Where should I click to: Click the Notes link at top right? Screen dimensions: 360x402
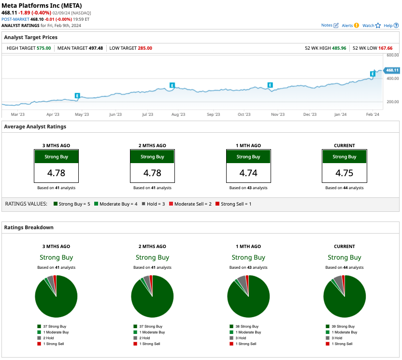pyautogui.click(x=330, y=25)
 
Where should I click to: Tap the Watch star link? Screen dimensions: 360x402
pyautogui.click(x=371, y=25)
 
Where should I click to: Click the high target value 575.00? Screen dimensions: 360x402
pyautogui.click(x=43, y=48)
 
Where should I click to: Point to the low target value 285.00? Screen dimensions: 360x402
pyautogui.click(x=145, y=48)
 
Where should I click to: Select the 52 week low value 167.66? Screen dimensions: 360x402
pyautogui.click(x=386, y=48)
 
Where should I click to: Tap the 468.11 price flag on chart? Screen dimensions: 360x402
pyautogui.click(x=392, y=70)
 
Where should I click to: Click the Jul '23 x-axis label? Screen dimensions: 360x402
pyautogui.click(x=147, y=114)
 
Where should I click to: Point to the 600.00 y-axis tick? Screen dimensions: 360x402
pyautogui.click(x=392, y=55)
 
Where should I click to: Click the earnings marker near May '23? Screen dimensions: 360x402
pyautogui.click(x=77, y=96)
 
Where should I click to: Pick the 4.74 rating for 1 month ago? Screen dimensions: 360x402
pyautogui.click(x=248, y=173)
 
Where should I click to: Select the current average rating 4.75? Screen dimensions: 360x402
pyautogui.click(x=344, y=173)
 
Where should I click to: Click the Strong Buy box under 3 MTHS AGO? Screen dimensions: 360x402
pyautogui.click(x=56, y=157)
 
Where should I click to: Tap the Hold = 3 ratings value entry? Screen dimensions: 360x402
pyautogui.click(x=153, y=204)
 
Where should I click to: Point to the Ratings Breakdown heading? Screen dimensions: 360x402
pyautogui.click(x=29, y=227)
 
